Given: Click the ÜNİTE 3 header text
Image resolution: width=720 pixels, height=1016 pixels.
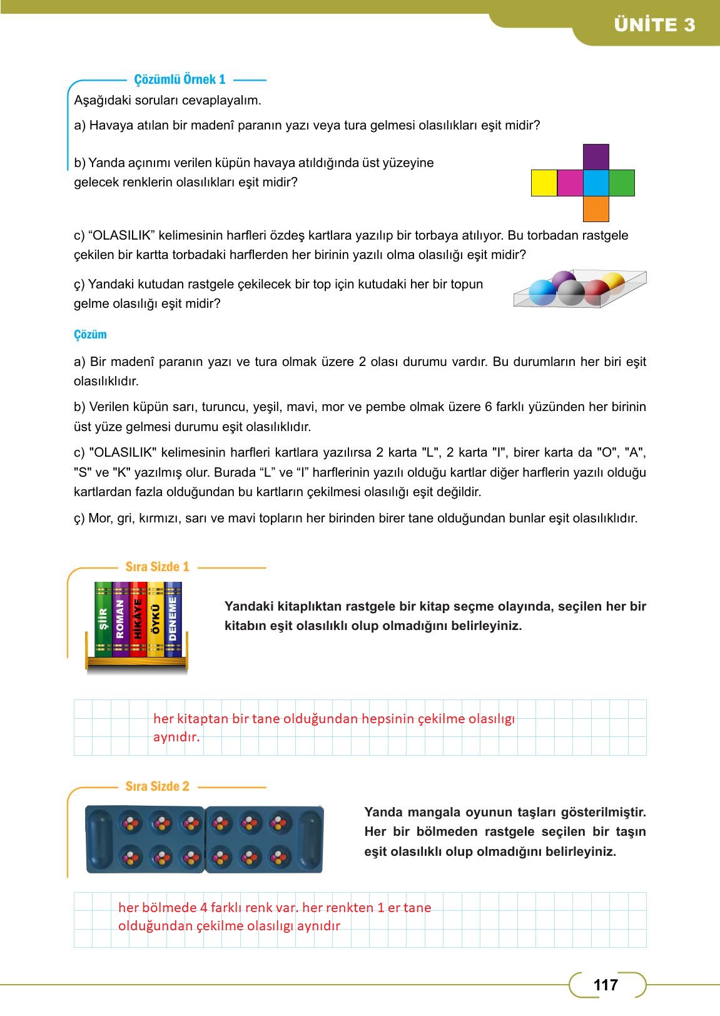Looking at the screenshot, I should (654, 25).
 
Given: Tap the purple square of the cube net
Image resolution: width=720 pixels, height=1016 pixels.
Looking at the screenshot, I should (596, 157).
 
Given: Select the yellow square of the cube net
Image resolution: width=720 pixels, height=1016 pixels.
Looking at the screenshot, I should (544, 183).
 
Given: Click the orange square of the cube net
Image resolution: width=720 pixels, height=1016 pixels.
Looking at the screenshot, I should (596, 209).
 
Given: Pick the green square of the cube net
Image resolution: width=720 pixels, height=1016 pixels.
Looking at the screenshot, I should (621, 183).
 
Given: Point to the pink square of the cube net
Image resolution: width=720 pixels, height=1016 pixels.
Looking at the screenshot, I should (569, 183).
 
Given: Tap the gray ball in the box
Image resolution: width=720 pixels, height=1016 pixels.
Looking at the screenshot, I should (570, 292).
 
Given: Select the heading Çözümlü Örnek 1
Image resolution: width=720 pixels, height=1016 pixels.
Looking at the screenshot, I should (180, 79).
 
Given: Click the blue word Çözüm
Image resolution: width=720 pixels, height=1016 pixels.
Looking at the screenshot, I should (90, 335).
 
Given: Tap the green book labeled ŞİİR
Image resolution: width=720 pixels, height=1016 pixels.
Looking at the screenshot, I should (103, 619).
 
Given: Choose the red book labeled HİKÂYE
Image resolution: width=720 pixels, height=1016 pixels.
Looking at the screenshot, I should (138, 619).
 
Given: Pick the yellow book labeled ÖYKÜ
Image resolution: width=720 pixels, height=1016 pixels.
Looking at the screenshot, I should (156, 619).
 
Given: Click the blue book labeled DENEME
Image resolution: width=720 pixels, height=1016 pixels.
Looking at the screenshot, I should (173, 619).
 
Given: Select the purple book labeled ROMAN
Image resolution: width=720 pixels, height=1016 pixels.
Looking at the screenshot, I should (120, 619).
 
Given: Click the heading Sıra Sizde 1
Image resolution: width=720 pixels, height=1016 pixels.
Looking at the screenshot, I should (157, 567).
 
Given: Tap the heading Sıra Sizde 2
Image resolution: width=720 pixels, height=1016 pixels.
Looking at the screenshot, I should (157, 786).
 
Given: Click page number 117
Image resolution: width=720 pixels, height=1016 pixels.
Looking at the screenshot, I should (605, 985).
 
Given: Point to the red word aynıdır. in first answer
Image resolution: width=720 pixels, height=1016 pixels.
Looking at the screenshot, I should (176, 737).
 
